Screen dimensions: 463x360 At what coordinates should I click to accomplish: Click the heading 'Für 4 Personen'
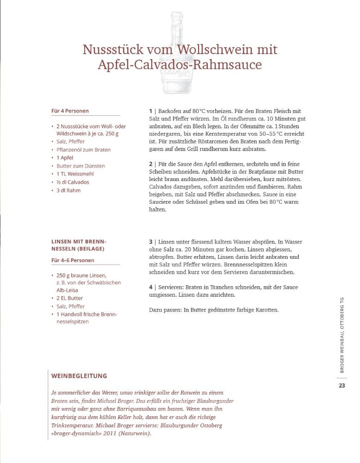coord(70,111)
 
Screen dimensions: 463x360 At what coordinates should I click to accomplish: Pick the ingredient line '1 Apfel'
coord(65,158)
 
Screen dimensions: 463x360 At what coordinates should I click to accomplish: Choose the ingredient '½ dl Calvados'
coord(73,182)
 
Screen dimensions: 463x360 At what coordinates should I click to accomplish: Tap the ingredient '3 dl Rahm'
coord(68,190)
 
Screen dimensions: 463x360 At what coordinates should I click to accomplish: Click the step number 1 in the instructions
coord(151,111)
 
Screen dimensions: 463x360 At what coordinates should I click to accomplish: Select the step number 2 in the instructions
coord(151,164)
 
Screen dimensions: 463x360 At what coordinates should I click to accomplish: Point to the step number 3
coord(151,242)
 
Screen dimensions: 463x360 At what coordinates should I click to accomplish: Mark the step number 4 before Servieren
coord(151,287)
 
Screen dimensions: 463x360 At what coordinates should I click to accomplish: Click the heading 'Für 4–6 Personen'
coord(73,260)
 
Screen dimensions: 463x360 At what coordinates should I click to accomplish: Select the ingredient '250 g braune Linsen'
coord(81,275)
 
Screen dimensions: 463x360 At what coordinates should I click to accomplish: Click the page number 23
coord(342,386)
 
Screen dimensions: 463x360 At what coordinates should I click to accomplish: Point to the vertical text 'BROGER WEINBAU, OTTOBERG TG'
coord(342,335)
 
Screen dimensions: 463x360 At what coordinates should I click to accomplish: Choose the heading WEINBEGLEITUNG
coord(79,376)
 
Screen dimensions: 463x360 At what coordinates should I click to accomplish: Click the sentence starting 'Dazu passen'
coord(214,310)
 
